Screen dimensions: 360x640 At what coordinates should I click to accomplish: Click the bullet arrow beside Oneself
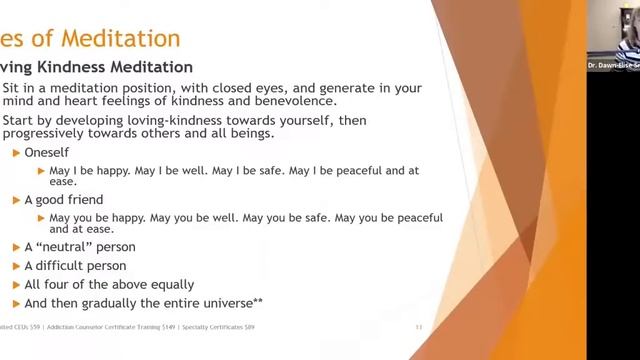click(x=16, y=153)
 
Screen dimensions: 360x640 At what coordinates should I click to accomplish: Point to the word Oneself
click(x=47, y=153)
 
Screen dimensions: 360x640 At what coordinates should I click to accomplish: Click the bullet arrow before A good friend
click(x=16, y=200)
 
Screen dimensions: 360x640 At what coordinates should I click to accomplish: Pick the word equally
click(x=167, y=284)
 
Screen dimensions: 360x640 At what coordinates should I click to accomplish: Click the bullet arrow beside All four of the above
click(x=16, y=285)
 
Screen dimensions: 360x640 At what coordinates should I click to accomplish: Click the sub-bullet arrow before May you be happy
click(x=41, y=217)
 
